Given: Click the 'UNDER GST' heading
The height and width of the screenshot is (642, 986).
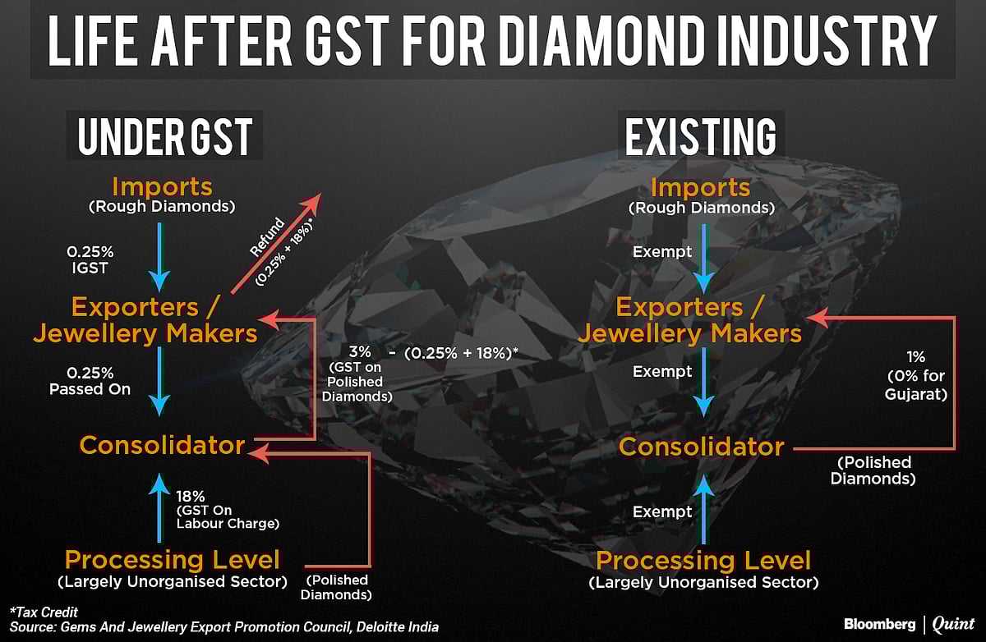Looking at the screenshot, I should tap(165, 136).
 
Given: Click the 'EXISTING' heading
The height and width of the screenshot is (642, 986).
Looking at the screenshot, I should tap(701, 136).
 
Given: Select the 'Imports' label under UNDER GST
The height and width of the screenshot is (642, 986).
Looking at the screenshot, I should tap(162, 186).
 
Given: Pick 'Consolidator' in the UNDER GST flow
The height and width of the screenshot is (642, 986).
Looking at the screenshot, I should tap(162, 446).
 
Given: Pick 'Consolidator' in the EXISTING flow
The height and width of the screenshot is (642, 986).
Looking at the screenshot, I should tap(701, 447).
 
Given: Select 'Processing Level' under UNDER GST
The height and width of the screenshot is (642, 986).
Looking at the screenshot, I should tap(172, 561).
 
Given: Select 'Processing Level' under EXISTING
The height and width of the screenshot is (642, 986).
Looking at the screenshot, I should tap(703, 562).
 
